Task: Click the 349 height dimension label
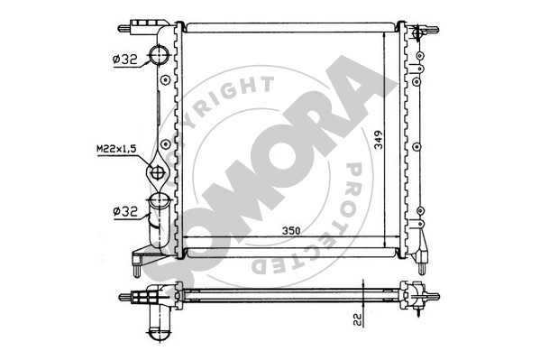coord(379,139)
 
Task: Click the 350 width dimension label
coord(291,230)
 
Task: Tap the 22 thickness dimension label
coord(359,319)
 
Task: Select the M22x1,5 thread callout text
coord(117,149)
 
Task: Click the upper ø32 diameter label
coord(124,60)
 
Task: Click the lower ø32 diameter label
coord(125,211)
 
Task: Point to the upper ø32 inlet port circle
coord(159,55)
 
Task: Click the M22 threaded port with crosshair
coord(157,172)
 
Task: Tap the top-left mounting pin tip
coord(120,29)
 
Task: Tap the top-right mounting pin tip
coord(436,29)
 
